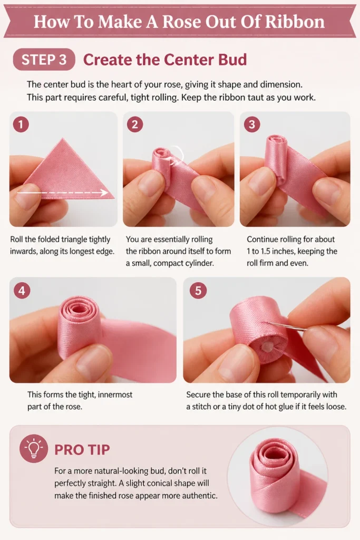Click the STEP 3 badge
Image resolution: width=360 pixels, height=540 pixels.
click(x=44, y=60)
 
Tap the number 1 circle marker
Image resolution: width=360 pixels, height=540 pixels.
click(x=21, y=124)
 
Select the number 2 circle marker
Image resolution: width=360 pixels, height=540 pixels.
click(x=134, y=124)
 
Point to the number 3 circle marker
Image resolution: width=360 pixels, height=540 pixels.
click(x=251, y=124)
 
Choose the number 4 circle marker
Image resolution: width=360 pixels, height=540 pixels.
click(x=22, y=291)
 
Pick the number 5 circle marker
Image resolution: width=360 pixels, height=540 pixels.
click(x=198, y=291)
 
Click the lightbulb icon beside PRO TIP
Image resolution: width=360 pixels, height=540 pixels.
click(x=33, y=448)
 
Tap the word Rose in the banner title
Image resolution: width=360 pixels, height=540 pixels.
click(x=181, y=22)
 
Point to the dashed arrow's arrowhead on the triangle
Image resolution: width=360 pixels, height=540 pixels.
click(x=104, y=192)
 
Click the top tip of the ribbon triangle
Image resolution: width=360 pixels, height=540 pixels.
click(x=63, y=139)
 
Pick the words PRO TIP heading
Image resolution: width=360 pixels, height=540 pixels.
click(x=82, y=449)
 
